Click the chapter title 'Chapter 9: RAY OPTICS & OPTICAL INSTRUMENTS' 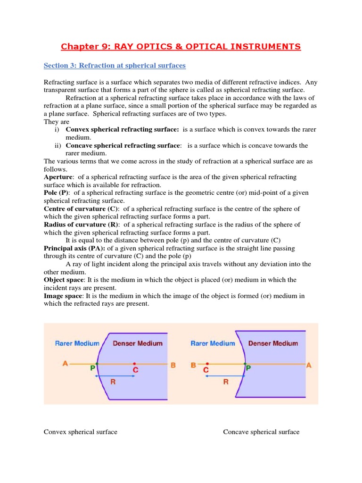[181, 46]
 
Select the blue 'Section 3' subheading [115, 65]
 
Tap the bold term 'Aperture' [56, 177]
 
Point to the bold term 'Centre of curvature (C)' [81, 209]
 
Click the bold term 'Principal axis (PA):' [75, 248]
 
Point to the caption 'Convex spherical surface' [81, 432]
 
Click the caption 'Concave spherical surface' [261, 432]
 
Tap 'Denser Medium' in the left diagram [138, 343]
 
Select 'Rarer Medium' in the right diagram [213, 343]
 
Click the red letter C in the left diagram [135, 371]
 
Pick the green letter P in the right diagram [248, 371]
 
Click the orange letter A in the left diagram [65, 363]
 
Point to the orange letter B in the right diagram [193, 364]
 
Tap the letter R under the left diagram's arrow [113, 382]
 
